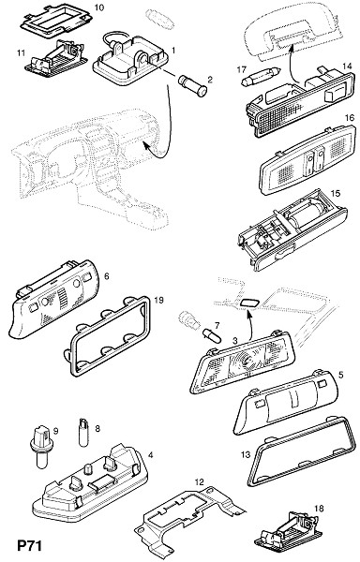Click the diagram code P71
(30, 546)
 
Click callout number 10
(99, 7)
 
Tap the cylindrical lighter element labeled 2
(192, 85)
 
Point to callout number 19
(158, 300)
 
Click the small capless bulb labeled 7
(212, 336)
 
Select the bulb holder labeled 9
(41, 447)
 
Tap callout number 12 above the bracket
(199, 481)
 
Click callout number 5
(340, 375)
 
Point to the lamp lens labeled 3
(242, 362)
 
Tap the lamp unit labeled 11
(55, 58)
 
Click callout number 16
(350, 118)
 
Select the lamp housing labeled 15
(292, 229)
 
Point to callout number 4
(151, 455)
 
